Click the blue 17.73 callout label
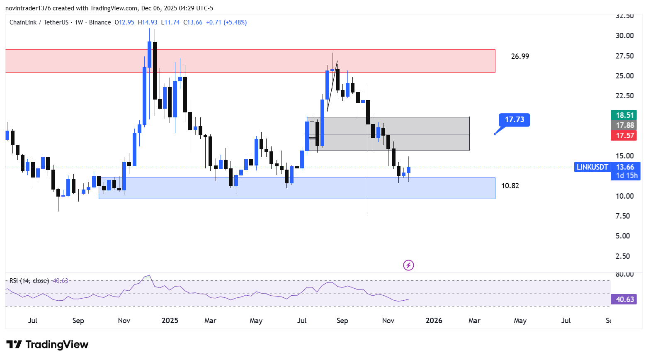[515, 119]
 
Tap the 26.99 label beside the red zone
[520, 56]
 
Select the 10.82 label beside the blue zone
[510, 186]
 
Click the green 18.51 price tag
[625, 115]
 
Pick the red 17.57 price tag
[625, 136]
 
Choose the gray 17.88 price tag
[625, 125]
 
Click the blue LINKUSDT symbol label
[592, 167]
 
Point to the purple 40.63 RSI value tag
[625, 299]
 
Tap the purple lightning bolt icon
[408, 265]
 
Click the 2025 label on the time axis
[170, 321]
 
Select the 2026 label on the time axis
[434, 321]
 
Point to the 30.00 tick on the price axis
[624, 36]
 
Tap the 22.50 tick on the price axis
[624, 96]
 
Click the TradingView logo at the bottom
[48, 345]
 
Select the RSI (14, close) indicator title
[29, 281]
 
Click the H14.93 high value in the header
[148, 22]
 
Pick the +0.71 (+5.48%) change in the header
[226, 22]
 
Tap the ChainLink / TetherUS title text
[39, 22]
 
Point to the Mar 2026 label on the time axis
[474, 321]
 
